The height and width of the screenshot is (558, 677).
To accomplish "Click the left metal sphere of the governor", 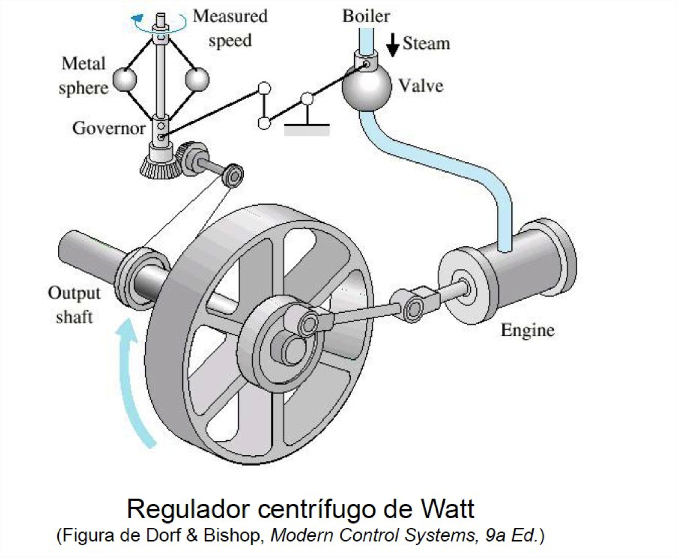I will pyautogui.click(x=125, y=79).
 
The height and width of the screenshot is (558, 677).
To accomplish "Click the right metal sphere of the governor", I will pyautogui.click(x=197, y=79).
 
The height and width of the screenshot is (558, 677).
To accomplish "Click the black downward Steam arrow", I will pyautogui.click(x=392, y=45).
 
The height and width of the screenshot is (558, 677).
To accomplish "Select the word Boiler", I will pyautogui.click(x=366, y=16).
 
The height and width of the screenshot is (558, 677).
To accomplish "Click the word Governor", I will pyautogui.click(x=109, y=128).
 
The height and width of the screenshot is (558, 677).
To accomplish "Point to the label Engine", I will pyautogui.click(x=527, y=330).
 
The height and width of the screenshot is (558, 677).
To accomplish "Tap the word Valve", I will pyautogui.click(x=420, y=85).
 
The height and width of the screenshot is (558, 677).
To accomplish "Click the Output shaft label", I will pyautogui.click(x=74, y=304).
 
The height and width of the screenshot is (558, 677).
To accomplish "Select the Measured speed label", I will pyautogui.click(x=230, y=28).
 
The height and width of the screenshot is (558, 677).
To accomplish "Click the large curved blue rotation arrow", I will pyautogui.click(x=133, y=382).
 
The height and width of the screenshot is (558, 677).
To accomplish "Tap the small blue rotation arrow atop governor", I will pyautogui.click(x=139, y=21).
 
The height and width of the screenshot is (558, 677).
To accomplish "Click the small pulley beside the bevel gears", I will pyautogui.click(x=232, y=175).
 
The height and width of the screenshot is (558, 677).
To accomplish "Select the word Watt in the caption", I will pyautogui.click(x=447, y=509).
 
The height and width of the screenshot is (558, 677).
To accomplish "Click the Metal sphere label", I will pyautogui.click(x=84, y=75).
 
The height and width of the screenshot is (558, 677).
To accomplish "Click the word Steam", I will pyautogui.click(x=426, y=43).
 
